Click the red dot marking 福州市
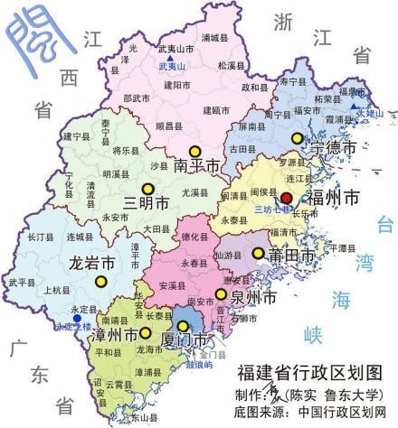[286, 198]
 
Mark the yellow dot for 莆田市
[259, 254]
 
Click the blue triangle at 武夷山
[170, 57]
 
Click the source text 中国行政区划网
[348, 412]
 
